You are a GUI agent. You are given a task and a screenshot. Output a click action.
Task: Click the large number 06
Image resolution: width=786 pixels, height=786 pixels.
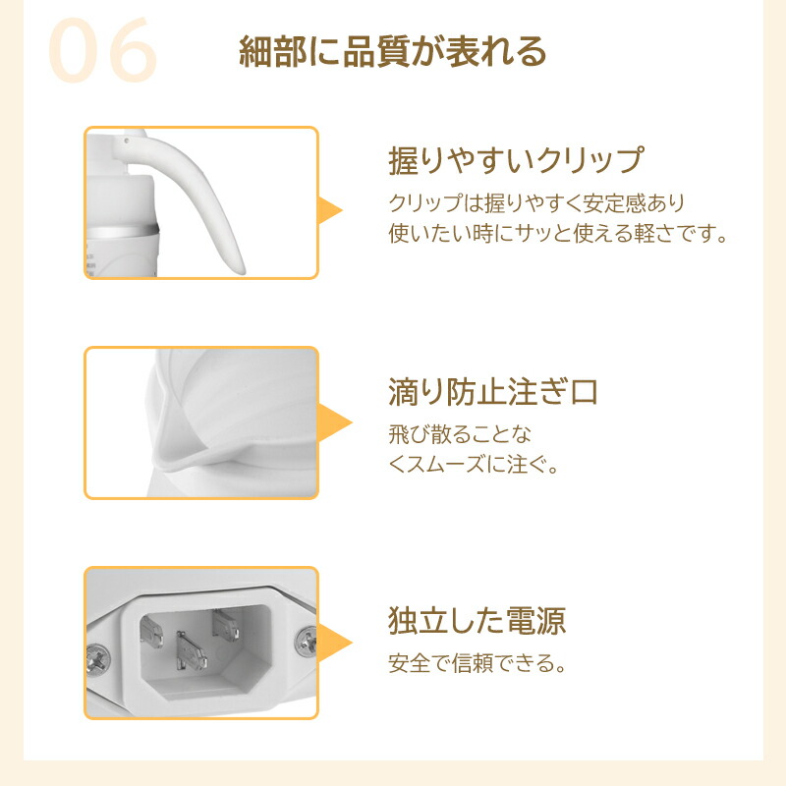102,50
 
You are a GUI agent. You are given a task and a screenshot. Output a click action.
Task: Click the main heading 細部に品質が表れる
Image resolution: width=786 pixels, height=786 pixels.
392,51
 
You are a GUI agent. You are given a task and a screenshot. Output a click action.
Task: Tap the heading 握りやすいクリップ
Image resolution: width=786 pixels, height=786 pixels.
516,160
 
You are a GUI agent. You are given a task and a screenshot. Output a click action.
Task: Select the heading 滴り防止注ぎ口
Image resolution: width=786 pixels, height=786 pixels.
493,391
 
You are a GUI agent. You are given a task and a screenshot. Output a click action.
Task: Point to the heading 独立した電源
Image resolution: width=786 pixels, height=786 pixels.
477,621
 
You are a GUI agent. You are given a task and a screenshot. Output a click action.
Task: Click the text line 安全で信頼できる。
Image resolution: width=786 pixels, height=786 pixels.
477,663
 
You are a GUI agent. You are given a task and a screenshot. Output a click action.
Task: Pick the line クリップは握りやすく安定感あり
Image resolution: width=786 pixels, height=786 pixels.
536,203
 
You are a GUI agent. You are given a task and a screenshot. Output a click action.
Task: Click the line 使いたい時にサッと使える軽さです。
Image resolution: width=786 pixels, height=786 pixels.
558,234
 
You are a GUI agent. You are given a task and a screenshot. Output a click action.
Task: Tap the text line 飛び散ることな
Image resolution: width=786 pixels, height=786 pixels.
460,434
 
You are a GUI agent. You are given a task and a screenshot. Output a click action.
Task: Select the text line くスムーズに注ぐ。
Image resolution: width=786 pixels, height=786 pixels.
474,465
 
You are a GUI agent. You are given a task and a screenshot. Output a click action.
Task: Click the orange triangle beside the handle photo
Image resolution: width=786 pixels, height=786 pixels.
330,210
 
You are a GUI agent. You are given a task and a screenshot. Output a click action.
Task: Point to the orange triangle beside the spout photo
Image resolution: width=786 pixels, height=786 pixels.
335,422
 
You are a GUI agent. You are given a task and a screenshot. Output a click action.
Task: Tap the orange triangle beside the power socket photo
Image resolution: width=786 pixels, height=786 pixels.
335,643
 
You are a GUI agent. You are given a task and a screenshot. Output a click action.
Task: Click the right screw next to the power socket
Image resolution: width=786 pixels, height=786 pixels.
306,642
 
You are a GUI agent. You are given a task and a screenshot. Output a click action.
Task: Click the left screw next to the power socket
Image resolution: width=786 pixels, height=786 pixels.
97,657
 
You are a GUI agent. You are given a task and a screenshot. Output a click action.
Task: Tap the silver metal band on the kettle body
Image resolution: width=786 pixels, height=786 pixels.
123,231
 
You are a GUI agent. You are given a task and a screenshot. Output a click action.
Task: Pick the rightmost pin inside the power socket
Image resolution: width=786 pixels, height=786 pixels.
226,625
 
